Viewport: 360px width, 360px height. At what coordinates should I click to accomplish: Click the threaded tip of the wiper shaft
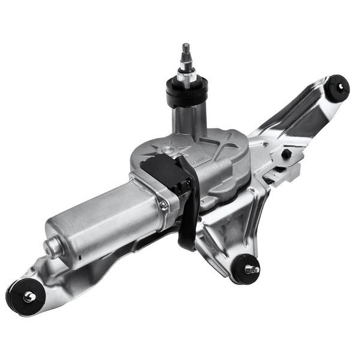coord(186,50)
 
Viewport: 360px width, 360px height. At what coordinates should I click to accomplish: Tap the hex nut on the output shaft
coord(186,76)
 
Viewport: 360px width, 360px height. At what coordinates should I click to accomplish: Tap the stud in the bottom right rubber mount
coord(250,270)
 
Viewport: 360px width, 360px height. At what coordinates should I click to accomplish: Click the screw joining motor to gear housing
coord(163,206)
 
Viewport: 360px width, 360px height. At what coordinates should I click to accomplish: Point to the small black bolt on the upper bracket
coord(287,154)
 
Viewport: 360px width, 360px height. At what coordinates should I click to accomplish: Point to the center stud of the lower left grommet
coord(28,296)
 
